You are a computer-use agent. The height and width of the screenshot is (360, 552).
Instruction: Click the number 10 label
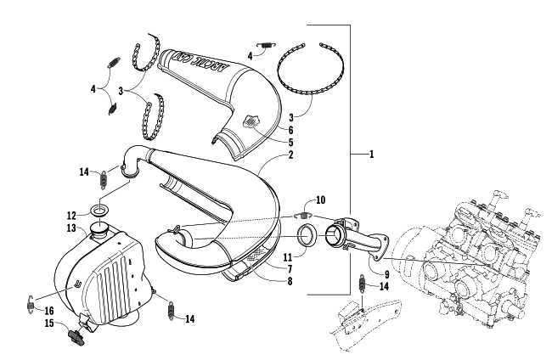319,200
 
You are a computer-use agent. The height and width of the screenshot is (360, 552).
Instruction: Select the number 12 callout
72,213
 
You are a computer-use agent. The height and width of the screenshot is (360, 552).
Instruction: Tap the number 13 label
72,228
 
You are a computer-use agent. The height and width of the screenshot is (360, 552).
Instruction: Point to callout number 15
49,323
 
